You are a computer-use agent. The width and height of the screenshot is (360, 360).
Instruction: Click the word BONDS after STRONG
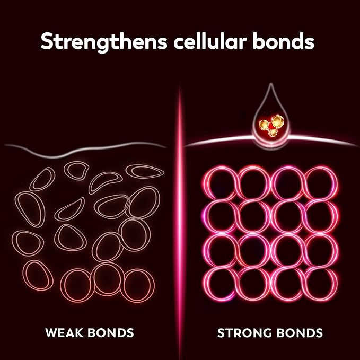pyautogui.click(x=301, y=333)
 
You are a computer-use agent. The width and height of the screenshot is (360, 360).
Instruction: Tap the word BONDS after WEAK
pyautogui.click(x=112, y=333)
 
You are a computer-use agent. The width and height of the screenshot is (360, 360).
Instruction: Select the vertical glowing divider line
pyautogui.click(x=180, y=212)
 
